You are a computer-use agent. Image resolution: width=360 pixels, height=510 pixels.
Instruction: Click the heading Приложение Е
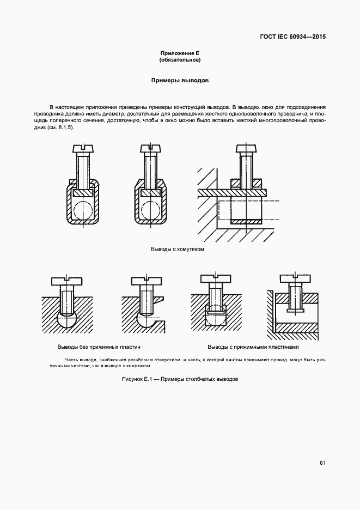coord(180,53)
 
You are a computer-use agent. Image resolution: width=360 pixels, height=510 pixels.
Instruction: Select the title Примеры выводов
coord(180,80)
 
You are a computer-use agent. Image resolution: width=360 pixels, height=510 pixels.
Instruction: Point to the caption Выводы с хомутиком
coord(177,249)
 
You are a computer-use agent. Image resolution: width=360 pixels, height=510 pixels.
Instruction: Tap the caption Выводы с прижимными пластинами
coord(253,347)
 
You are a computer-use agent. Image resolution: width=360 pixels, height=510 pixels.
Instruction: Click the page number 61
coord(322,463)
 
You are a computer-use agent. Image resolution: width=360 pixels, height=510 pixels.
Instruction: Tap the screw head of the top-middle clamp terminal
coord(151,147)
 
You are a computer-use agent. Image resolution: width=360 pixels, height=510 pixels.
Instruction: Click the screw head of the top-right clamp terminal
coord(246,148)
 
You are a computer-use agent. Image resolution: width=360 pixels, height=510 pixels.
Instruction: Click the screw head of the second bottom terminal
coord(147,281)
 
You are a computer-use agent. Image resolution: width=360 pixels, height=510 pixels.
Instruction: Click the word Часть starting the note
coord(72,360)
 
